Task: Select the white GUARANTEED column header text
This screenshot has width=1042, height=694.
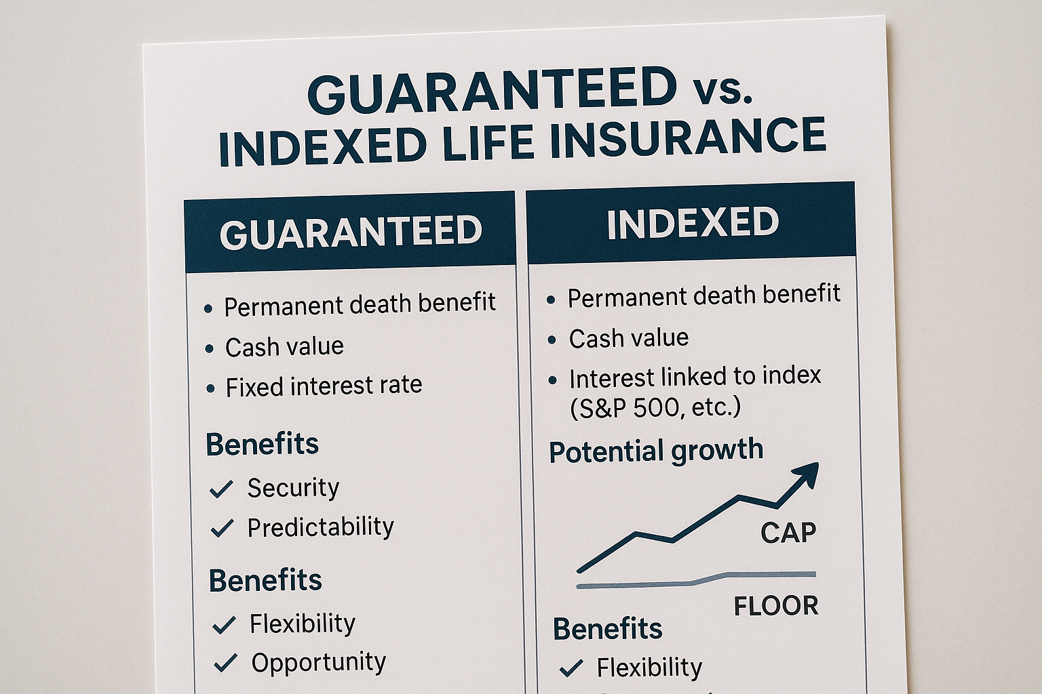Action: click(x=351, y=232)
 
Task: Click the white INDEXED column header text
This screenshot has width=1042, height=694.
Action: click(x=693, y=223)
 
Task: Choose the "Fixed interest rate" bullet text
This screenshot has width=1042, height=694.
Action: click(x=324, y=386)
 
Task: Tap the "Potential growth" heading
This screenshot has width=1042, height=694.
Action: click(x=656, y=451)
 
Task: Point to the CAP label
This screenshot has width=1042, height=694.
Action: click(x=788, y=533)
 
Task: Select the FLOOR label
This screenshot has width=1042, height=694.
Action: click(x=776, y=606)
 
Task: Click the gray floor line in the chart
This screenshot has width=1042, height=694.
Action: click(x=696, y=581)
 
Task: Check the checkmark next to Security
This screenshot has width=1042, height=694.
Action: click(x=221, y=489)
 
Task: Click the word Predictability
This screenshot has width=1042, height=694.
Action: click(x=320, y=527)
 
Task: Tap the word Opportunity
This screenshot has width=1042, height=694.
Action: click(x=319, y=662)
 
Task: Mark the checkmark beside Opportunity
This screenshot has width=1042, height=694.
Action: click(x=225, y=663)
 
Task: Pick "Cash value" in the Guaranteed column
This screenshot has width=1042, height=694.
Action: click(x=284, y=347)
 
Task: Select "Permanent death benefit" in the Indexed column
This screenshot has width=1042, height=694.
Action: click(x=703, y=296)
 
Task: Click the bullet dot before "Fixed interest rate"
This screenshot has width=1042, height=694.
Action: click(x=211, y=388)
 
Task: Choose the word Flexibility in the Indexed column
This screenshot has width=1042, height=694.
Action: click(x=649, y=668)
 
